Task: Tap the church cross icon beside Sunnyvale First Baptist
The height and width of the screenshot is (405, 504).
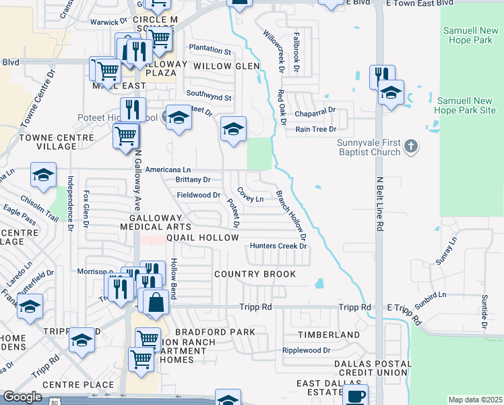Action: (412, 145)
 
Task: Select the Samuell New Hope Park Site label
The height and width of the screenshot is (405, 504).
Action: (464, 105)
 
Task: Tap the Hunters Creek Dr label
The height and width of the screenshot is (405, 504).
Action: (278, 246)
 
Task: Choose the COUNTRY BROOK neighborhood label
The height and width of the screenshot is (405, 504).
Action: (255, 274)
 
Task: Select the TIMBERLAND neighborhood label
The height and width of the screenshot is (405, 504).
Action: (329, 335)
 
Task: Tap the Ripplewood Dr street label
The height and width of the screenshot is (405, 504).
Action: (307, 350)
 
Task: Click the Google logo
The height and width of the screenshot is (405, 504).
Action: (22, 397)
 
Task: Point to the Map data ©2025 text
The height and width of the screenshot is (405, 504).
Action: (476, 400)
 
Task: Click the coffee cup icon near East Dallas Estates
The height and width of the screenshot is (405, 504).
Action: (355, 396)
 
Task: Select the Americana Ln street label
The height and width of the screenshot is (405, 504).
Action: (168, 169)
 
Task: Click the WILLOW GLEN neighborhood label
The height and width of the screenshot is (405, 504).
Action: (226, 66)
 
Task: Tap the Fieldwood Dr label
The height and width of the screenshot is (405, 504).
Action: (199, 195)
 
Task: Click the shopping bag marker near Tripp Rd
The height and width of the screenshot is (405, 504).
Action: (156, 303)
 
